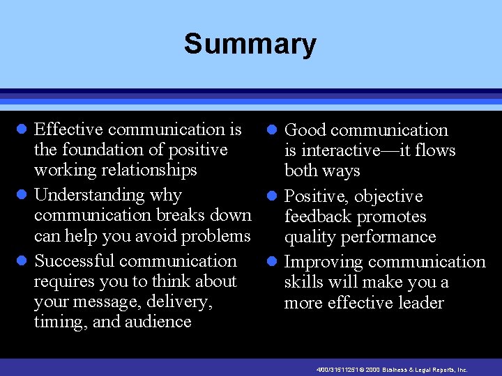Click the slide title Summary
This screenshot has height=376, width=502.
point(250,45)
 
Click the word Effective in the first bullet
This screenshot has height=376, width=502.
point(69,130)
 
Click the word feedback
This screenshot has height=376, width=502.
point(317,217)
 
